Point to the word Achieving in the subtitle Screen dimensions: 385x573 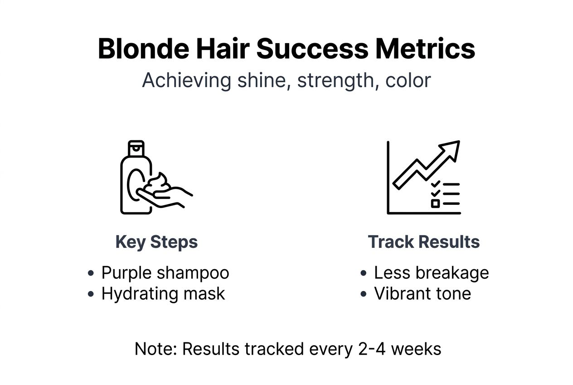(x=187, y=81)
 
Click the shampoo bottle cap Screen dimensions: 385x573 (x=136, y=147)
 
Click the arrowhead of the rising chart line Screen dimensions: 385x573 (x=451, y=149)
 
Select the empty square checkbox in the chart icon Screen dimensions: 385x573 (x=435, y=203)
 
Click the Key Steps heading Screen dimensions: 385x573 (x=156, y=242)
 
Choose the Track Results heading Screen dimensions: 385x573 (x=423, y=242)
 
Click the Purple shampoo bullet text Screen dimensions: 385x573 (x=165, y=273)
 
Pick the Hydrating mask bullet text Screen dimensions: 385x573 (x=163, y=294)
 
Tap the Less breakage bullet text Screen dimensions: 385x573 (x=431, y=273)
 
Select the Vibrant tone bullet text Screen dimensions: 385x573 (x=422, y=294)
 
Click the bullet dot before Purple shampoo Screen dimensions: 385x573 (x=91, y=273)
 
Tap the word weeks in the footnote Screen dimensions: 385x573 (x=416, y=349)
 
